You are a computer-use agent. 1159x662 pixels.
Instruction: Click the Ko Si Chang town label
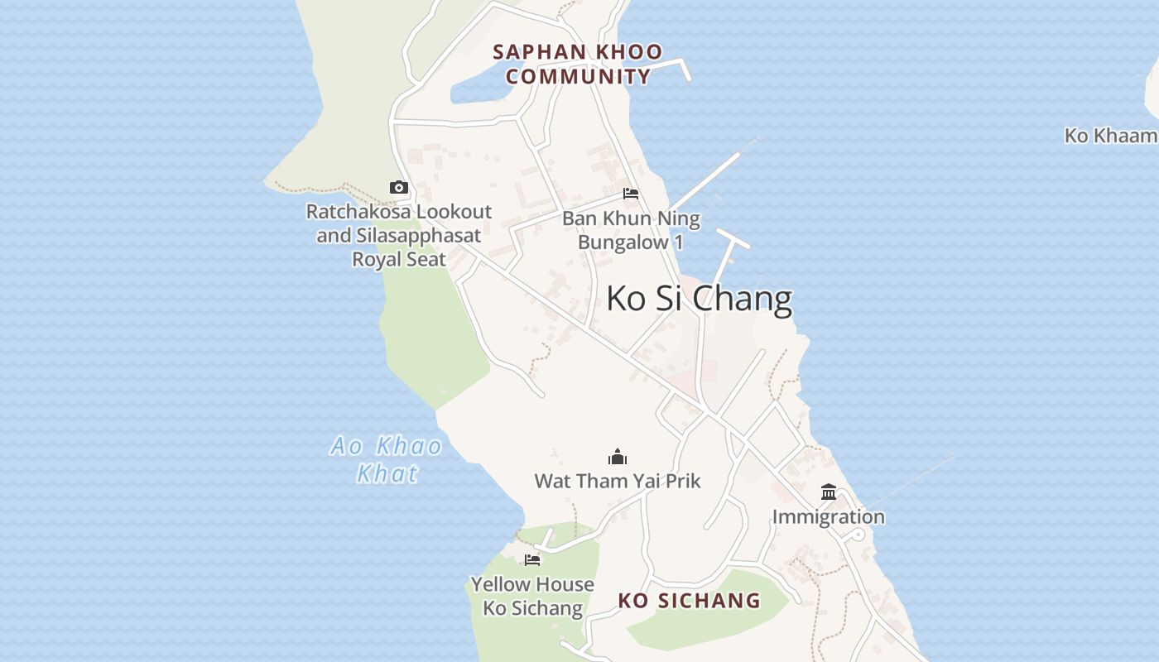click(699, 299)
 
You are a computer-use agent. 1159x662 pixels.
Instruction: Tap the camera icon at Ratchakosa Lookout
click(399, 188)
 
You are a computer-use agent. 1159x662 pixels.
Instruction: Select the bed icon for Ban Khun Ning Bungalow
click(631, 194)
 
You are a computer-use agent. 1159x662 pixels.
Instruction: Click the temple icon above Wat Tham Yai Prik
click(618, 457)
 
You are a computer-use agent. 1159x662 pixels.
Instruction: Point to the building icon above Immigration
click(829, 492)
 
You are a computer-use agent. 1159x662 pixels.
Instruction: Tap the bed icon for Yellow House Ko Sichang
click(532, 560)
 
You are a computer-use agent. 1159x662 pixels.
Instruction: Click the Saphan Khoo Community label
click(578, 65)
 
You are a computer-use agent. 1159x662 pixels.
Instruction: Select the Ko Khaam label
click(1110, 136)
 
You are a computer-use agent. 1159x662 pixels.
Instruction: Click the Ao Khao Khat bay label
click(387, 459)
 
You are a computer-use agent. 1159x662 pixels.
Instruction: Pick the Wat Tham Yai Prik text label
click(618, 481)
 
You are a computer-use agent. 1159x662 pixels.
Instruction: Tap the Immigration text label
click(829, 517)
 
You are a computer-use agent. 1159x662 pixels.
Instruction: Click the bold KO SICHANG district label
click(689, 601)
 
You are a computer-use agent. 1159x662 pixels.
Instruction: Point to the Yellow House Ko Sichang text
click(532, 596)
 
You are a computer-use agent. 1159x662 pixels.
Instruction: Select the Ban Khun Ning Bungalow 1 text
click(631, 231)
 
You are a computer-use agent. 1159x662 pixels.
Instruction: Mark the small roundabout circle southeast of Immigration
click(858, 535)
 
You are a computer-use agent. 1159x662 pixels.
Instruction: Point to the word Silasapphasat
click(418, 236)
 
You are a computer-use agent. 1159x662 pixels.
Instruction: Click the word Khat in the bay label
click(387, 474)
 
